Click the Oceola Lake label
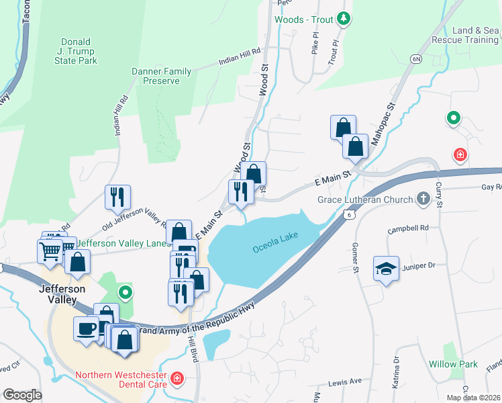[275, 248]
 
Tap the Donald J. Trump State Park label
[79, 51]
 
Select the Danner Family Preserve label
[162, 76]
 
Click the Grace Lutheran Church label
[365, 199]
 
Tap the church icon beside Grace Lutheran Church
[423, 199]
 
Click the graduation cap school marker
[386, 269]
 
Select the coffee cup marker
[86, 329]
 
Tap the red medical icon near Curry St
[460, 156]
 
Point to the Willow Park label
[453, 364]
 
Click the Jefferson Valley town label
[62, 294]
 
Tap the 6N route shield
[416, 60]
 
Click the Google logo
[22, 395]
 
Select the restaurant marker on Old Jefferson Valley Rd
[117, 197]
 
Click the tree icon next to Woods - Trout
[344, 18]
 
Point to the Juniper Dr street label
[419, 265]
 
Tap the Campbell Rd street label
[408, 228]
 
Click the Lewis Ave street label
[345, 382]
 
